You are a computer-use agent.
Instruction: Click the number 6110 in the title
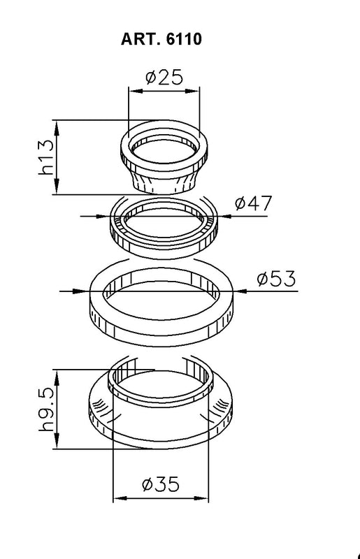[184, 40]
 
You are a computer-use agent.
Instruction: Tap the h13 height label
[46, 157]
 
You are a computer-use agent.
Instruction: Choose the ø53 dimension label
[276, 279]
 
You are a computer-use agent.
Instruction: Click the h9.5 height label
[46, 411]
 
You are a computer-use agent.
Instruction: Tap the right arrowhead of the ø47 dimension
[223, 217]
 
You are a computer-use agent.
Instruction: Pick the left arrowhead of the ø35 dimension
[117, 499]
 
